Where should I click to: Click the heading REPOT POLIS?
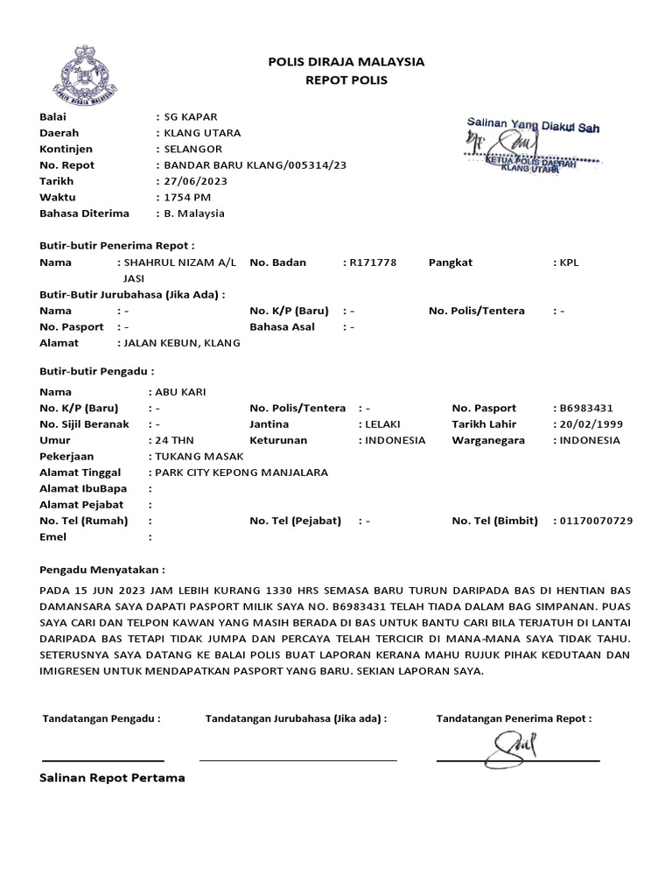[345, 80]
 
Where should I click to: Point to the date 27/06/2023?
[192, 181]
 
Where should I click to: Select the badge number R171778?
[374, 262]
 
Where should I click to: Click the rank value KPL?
[570, 262]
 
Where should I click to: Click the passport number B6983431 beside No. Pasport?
[586, 408]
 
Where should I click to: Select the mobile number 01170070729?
[596, 521]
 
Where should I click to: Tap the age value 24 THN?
[175, 440]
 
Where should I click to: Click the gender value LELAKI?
[382, 424]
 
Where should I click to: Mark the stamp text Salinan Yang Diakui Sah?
[532, 127]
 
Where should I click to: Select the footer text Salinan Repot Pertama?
[112, 778]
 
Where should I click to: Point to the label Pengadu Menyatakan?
[101, 569]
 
